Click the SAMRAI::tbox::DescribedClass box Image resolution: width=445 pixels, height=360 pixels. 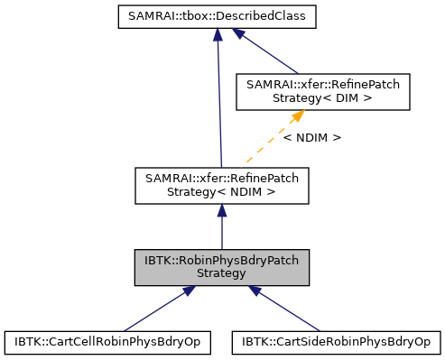pos(217,17)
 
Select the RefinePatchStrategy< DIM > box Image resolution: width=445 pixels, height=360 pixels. pos(323,90)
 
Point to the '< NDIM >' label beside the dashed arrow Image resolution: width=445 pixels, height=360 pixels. pos(311,138)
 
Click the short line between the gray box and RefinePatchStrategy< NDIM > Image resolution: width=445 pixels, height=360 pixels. pos(222,230)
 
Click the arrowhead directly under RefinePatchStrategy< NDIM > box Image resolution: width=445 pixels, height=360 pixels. pos(222,211)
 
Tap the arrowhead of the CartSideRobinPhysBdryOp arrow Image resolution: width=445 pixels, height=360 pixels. pos(256,291)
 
